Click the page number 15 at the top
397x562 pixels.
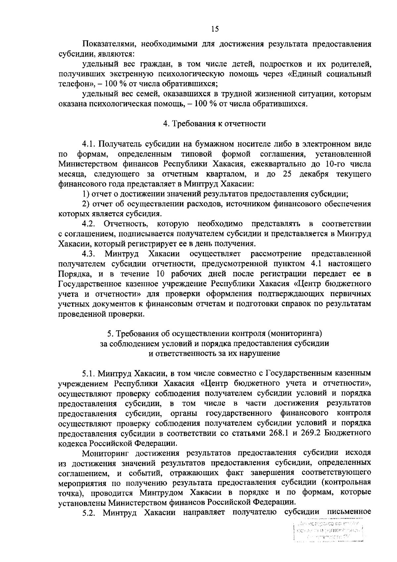click(215, 29)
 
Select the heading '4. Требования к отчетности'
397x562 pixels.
click(214, 124)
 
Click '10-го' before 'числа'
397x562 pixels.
click(336, 164)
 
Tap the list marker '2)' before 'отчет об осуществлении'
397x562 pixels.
click(86, 204)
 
